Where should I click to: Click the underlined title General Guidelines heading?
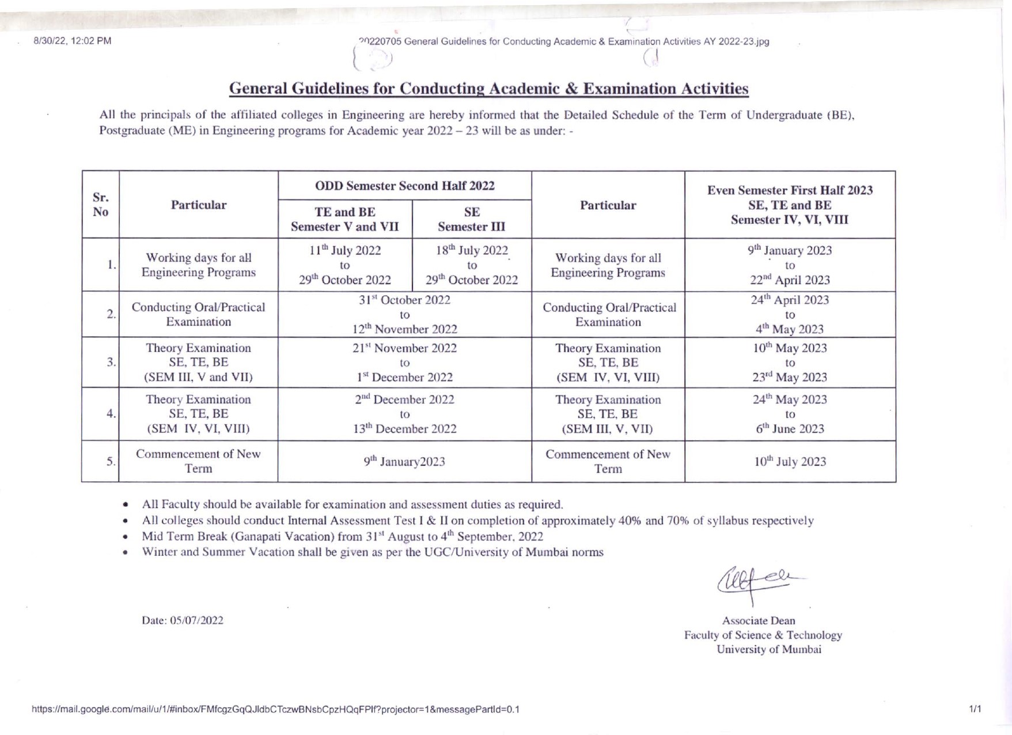(488, 89)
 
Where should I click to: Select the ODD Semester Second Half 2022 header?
(404, 186)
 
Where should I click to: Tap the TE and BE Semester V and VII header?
(344, 219)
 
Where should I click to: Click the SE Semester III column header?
(471, 219)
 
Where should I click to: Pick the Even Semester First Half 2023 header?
(790, 205)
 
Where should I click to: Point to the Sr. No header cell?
(100, 205)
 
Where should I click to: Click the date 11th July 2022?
(344, 251)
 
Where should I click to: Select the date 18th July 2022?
(472, 251)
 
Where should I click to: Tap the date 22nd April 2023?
(790, 280)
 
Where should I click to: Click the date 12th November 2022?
(404, 329)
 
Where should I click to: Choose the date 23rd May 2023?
(790, 378)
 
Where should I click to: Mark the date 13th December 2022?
(404, 429)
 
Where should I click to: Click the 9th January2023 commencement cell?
(404, 462)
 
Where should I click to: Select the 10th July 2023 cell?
(790, 462)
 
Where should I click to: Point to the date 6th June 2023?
(790, 429)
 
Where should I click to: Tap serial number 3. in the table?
(111, 362)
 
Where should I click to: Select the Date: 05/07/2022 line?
(183, 621)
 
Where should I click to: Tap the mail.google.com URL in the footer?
(275, 710)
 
